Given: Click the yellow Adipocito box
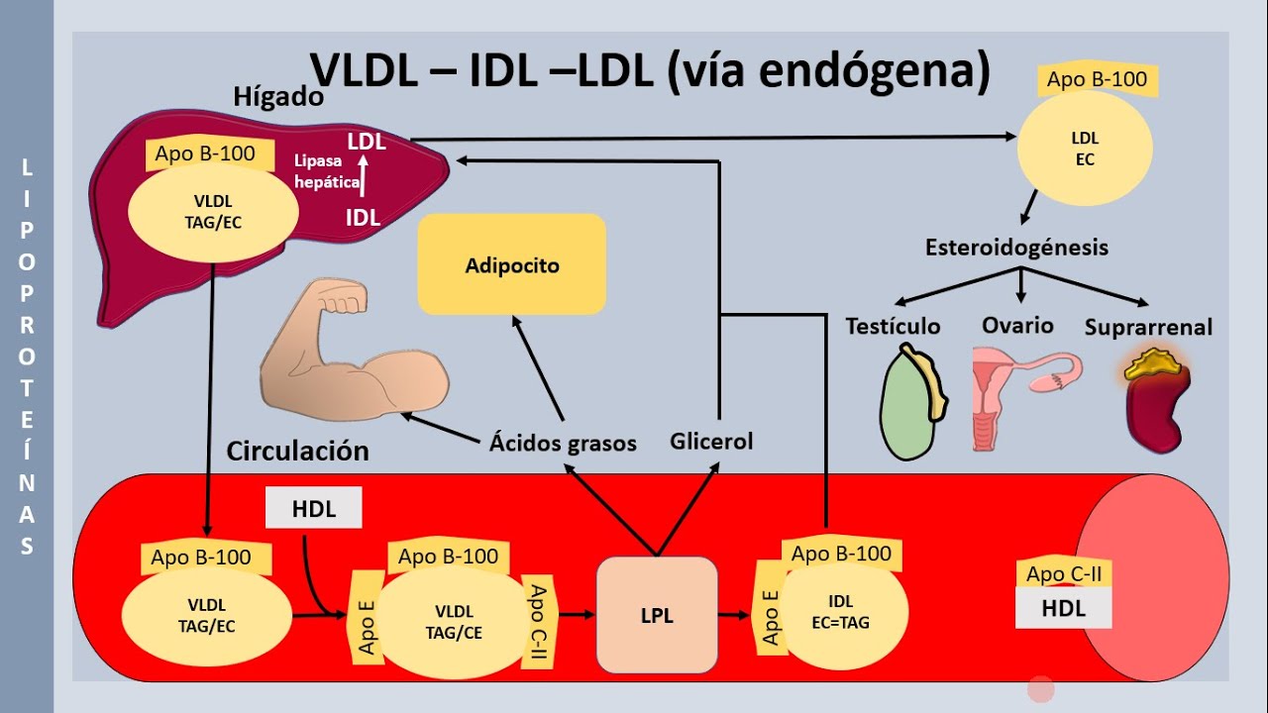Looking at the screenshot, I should (x=511, y=264).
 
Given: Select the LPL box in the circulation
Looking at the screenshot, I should (x=656, y=615).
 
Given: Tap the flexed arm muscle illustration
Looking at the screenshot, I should (x=352, y=347).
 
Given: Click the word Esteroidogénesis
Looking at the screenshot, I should (x=1016, y=248).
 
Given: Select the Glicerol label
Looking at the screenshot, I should (x=711, y=441).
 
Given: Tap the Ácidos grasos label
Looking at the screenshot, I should (x=563, y=443).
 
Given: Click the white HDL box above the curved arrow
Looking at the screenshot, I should (x=314, y=509).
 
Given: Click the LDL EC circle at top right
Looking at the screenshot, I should (x=1085, y=149).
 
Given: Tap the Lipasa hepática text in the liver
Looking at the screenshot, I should (x=327, y=170).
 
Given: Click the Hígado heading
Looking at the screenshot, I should (x=278, y=97).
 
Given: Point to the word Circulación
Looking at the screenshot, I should (x=297, y=451).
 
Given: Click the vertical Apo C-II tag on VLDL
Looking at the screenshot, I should (x=538, y=620).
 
